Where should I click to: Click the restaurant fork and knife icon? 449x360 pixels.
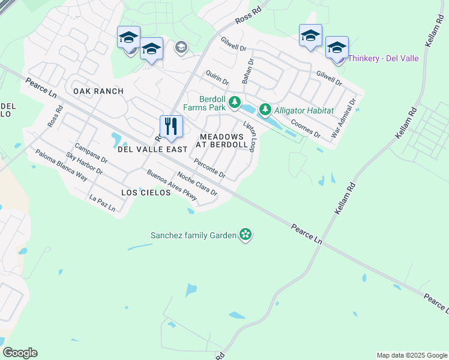171,126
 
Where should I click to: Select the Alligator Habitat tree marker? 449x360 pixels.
265,110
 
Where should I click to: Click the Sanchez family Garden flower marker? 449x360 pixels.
245,235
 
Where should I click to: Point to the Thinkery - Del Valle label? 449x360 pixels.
383,59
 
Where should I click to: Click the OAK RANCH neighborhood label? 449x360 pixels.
98,91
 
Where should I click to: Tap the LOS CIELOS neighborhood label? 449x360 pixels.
142,193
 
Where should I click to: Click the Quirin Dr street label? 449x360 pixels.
217,77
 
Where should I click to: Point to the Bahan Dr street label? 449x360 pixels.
247,71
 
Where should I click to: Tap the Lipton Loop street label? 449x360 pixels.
250,136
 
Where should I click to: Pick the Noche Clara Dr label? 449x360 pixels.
197,185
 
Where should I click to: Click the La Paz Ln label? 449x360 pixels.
101,202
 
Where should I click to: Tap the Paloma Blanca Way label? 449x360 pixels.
62,165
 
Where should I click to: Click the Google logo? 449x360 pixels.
20,353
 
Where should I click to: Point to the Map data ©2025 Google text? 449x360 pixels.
412,355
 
